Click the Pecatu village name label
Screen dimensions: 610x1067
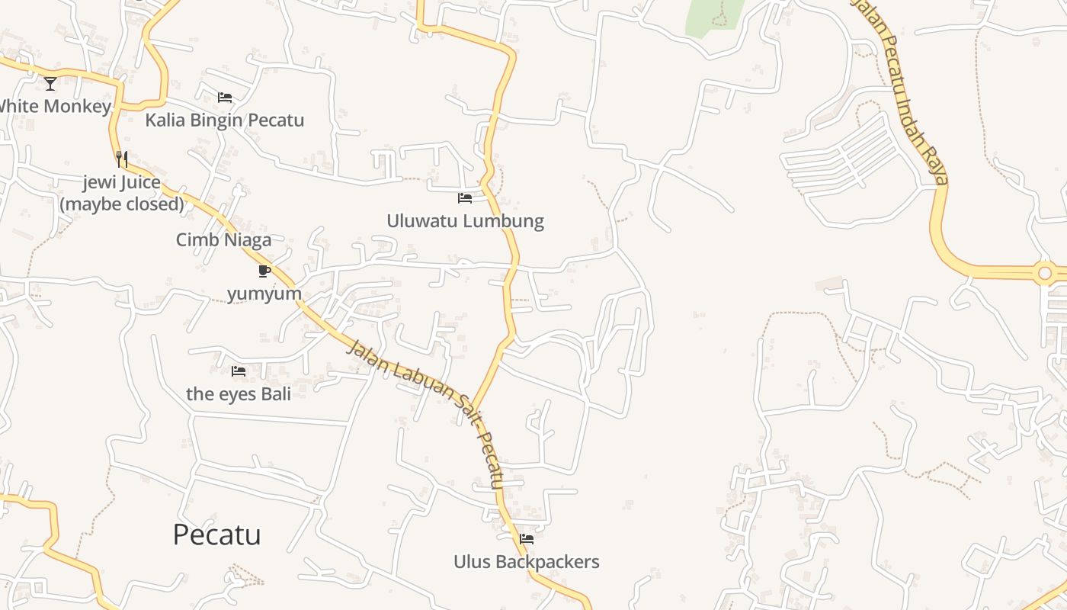[216, 535]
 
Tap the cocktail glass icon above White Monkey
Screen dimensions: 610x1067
[50, 83]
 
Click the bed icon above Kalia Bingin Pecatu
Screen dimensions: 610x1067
[225, 98]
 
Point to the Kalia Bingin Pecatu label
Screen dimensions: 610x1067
[225, 120]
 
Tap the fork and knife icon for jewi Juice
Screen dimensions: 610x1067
[122, 159]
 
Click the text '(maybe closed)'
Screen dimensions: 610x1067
[122, 204]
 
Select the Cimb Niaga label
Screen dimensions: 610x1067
[223, 240]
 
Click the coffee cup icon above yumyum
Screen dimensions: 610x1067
[264, 271]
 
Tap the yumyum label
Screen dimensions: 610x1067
[264, 294]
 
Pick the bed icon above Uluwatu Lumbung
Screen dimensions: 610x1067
[465, 198]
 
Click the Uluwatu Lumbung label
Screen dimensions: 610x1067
[465, 221]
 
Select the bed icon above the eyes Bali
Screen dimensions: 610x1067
[239, 371]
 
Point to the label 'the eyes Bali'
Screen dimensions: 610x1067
[239, 394]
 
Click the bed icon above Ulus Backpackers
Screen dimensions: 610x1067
[527, 539]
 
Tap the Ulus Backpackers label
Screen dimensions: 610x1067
[527, 562]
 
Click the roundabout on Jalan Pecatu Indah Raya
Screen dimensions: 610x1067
[1044, 272]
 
